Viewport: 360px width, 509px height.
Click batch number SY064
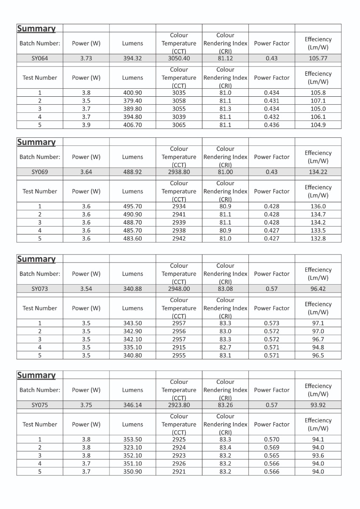40,59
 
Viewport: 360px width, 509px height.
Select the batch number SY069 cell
40,172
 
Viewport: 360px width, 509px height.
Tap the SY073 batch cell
40,289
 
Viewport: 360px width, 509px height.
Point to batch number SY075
40,405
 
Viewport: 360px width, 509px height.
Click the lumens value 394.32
132,59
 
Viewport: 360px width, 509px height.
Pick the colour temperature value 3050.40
179,59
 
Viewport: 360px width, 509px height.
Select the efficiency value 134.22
318,172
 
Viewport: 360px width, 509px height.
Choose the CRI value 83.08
225,289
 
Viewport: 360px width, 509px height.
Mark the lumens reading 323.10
132,447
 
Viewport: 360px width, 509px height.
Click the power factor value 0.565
272,456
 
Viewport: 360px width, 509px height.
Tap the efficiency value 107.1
318,101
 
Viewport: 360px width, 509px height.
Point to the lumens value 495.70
132,206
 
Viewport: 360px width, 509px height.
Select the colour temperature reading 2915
179,347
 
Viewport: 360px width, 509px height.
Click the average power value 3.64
86,172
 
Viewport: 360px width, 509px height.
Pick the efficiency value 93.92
318,405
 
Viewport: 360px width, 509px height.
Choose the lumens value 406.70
132,125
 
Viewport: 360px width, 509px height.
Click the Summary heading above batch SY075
36,375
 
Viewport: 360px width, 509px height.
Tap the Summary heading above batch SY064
36,28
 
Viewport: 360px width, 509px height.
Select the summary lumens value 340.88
132,289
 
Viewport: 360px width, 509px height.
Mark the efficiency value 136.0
318,206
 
